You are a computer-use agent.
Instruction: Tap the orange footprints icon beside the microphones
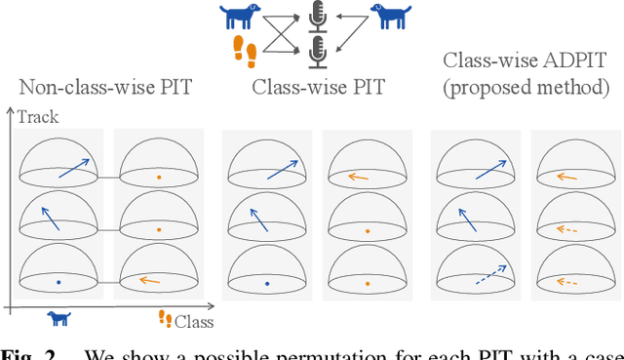pyautogui.click(x=245, y=50)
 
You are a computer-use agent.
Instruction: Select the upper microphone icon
pyautogui.click(x=316, y=17)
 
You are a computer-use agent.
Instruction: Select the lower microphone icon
pyautogui.click(x=316, y=51)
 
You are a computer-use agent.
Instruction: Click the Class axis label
pyautogui.click(x=195, y=321)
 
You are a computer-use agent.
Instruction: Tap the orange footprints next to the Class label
pyautogui.click(x=166, y=319)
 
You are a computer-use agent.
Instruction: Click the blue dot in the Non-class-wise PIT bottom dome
pyautogui.click(x=58, y=282)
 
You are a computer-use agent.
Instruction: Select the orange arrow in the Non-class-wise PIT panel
pyautogui.click(x=148, y=281)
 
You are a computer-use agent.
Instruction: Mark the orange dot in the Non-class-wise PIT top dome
pyautogui.click(x=159, y=177)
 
